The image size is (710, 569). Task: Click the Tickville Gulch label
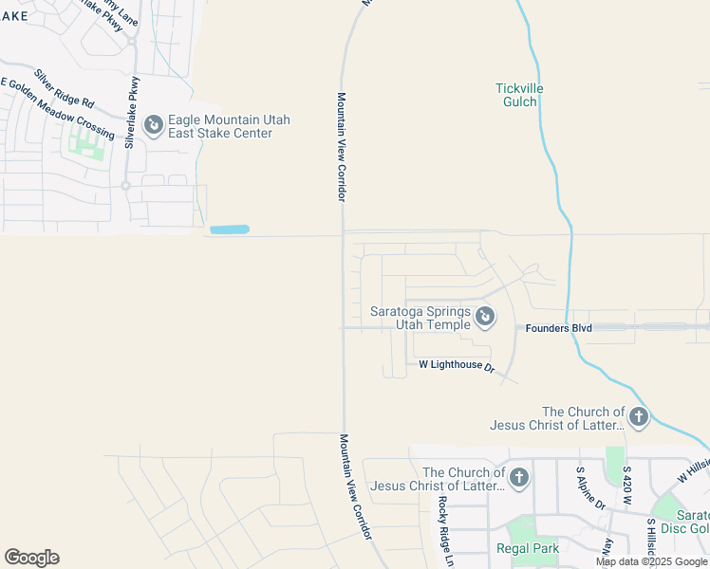point(519,95)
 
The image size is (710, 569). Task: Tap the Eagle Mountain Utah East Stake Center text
point(229,127)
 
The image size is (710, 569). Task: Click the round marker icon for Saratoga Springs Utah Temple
point(484,316)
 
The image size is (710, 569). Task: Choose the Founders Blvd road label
point(559,328)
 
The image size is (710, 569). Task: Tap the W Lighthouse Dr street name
point(457,365)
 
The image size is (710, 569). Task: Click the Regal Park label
point(528,548)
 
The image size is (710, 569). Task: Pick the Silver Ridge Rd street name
point(65,87)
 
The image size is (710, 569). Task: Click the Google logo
point(31,558)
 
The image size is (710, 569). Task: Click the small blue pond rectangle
point(229,229)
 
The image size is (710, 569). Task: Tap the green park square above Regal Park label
point(519,528)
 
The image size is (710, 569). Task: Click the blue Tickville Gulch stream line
point(560,190)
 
